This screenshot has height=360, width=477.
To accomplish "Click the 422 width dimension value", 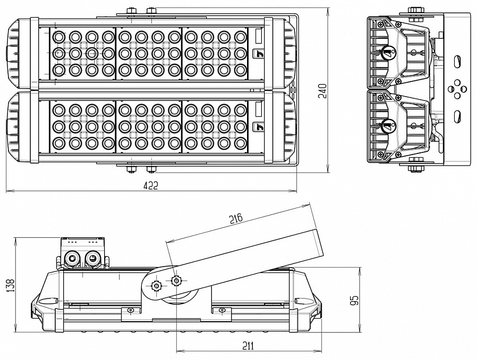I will (151, 185).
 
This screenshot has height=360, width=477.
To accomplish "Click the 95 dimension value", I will (355, 300).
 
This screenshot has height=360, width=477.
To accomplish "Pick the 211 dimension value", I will (248, 346).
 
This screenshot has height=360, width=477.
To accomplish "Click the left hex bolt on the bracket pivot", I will (156, 286).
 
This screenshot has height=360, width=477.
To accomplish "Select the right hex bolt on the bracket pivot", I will (176, 279).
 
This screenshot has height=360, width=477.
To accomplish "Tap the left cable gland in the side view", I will (70, 259).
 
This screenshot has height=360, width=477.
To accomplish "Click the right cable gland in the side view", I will (92, 259).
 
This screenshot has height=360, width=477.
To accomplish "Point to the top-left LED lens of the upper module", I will (58, 37).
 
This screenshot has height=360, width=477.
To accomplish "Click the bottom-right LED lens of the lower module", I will (241, 142).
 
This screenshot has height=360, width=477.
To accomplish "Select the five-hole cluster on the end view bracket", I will (456, 89).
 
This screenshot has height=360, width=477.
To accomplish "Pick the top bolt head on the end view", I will (415, 11).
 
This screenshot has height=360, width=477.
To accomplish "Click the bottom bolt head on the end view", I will (415, 168).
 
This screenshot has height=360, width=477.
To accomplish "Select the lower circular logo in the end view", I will (387, 126).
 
